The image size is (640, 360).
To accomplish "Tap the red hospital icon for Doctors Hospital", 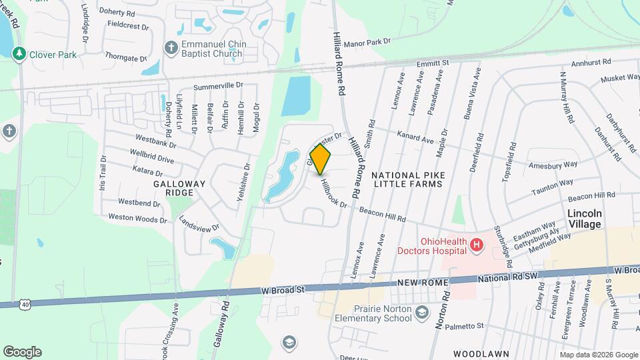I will click(476, 246).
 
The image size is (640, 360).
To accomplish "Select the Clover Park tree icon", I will click(21, 53).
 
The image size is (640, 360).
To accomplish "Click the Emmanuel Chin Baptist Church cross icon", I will click(171, 47).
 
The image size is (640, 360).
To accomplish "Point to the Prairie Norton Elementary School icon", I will click(421, 313).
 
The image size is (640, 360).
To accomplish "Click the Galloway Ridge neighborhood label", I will click(173, 187).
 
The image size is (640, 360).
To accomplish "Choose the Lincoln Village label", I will click(584, 219).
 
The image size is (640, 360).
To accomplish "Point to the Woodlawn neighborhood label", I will click(481, 353).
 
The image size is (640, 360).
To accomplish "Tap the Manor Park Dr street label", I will click(367, 41).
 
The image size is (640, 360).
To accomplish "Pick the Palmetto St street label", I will click(465, 326).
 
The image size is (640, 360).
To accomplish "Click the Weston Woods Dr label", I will click(137, 219).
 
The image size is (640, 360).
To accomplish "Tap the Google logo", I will click(22, 352).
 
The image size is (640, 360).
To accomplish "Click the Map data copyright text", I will click(599, 355).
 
